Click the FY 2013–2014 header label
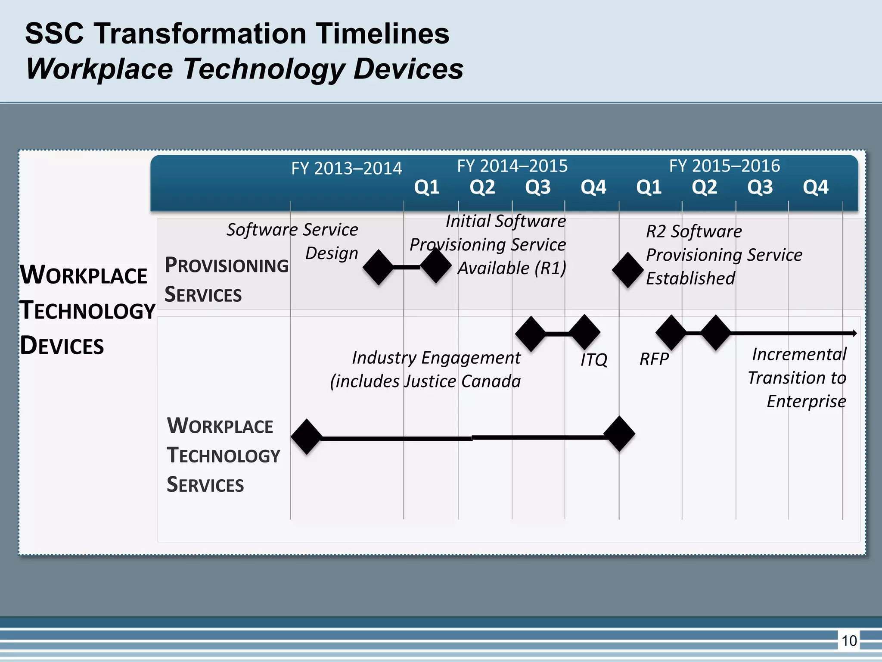coord(346,168)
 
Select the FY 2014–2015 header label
coord(512,166)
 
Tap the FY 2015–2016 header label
coord(724,166)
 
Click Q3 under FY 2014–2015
coord(538,187)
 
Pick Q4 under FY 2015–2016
coord(815,187)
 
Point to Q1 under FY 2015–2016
coord(649,187)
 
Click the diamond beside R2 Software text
coord(628,270)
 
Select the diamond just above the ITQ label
coord(584,332)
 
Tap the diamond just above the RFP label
coord(671,332)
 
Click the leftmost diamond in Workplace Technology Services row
coord(307,437)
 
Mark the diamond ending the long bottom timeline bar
coord(619,434)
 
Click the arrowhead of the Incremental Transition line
coord(854,333)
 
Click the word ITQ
coord(593,359)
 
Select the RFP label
coord(654,359)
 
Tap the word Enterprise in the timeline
coord(806,401)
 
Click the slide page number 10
coord(849,641)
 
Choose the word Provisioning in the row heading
coord(227,265)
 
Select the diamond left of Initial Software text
coord(436,265)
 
